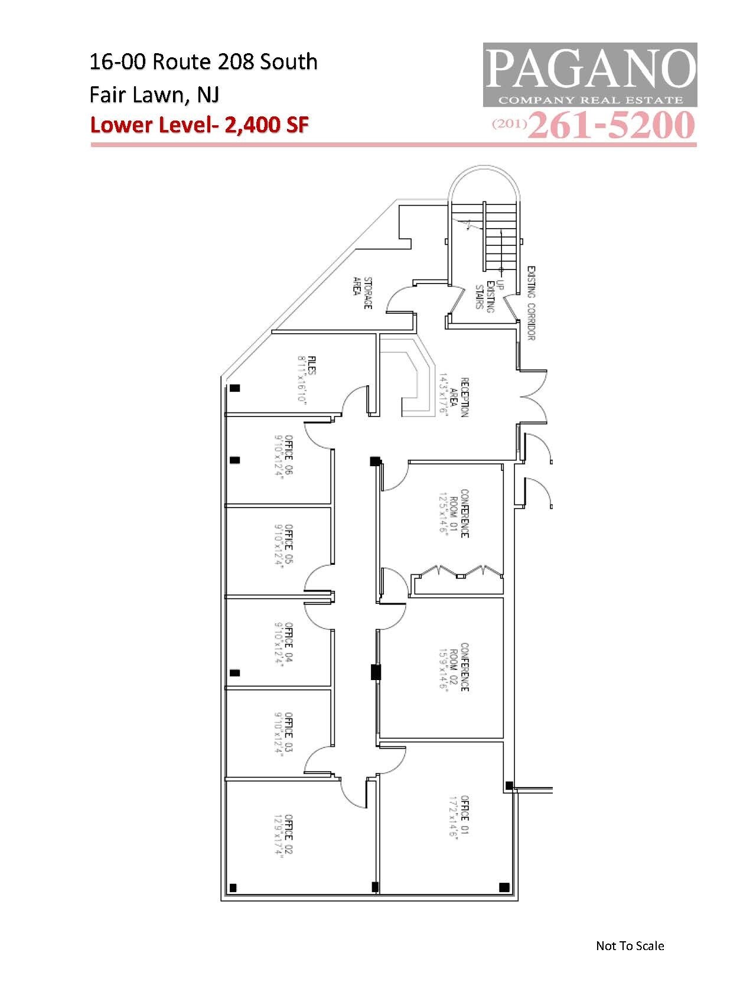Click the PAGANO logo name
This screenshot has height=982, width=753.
[590, 69]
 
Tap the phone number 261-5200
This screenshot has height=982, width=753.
[611, 125]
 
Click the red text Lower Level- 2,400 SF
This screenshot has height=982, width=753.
[199, 125]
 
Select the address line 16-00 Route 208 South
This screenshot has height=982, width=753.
[203, 61]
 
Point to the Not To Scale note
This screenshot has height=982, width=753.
[630, 945]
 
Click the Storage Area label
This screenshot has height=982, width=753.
[363, 292]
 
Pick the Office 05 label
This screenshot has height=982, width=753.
[283, 544]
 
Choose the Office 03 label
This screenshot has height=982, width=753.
[283, 732]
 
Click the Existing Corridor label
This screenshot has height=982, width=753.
[531, 303]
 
